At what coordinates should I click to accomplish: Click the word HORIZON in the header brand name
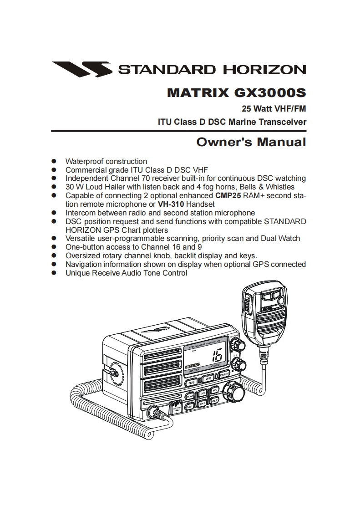click(264, 70)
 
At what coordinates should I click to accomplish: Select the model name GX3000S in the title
click(270, 93)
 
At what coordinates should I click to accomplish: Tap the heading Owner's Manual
click(251, 142)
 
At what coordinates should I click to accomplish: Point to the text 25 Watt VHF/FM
click(274, 109)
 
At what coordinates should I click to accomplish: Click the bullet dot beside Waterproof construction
click(54, 161)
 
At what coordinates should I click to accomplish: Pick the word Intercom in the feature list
click(81, 213)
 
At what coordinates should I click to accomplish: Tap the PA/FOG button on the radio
click(223, 374)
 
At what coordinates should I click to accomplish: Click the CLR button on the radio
click(215, 400)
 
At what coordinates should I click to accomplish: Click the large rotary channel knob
click(233, 391)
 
